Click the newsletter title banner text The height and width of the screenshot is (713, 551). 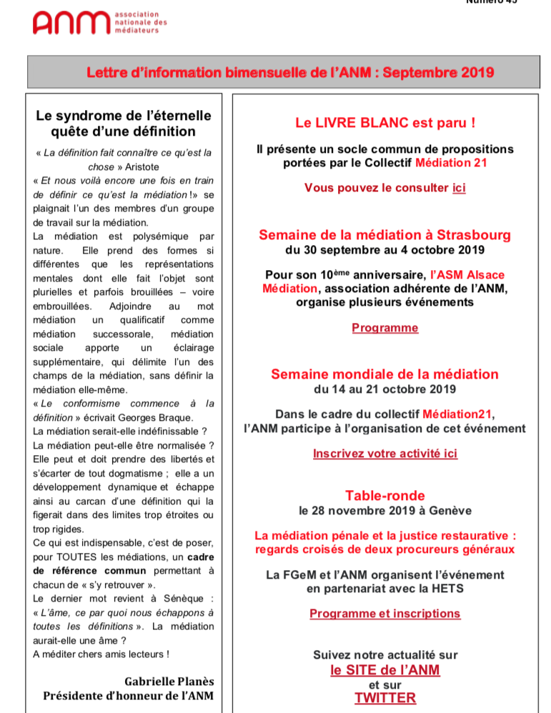tap(290, 72)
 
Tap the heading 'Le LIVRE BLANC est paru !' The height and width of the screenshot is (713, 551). tap(385, 123)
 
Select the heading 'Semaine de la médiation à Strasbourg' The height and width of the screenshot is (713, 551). tap(384, 235)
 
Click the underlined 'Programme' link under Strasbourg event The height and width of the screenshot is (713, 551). tap(384, 328)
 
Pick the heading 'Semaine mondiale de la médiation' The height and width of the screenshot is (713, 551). tap(384, 374)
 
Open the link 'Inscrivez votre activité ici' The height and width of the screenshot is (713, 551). tap(384, 453)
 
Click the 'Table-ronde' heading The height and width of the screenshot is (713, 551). tap(384, 496)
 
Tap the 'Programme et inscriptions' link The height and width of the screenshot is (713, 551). tap(384, 614)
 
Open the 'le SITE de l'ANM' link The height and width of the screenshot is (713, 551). tap(384, 670)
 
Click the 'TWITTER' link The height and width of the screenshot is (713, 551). tap(384, 698)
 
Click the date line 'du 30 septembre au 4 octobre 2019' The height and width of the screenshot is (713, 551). tap(384, 250)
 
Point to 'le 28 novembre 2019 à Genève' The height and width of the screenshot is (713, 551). tap(384, 511)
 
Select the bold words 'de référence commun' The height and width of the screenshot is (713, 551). tap(89, 571)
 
